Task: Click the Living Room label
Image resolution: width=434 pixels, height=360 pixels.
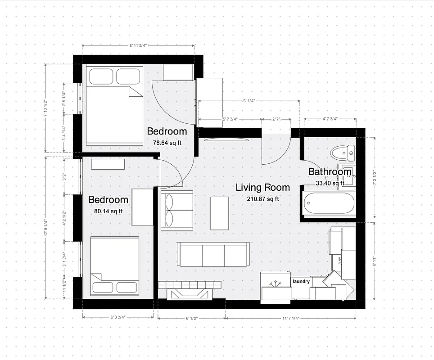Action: click(x=262, y=188)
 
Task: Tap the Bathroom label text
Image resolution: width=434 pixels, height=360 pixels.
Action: click(x=330, y=171)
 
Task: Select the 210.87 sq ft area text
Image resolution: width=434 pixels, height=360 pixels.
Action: click(x=263, y=199)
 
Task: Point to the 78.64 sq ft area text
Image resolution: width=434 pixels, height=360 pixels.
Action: click(x=167, y=143)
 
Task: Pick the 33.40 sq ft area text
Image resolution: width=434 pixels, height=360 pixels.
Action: click(x=330, y=183)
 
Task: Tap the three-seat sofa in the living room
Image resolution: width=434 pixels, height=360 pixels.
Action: click(x=213, y=255)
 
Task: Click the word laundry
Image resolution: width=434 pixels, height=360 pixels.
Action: click(x=301, y=281)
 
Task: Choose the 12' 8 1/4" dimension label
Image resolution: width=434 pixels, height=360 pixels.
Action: click(x=46, y=227)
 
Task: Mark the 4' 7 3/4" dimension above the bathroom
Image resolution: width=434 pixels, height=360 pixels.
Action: click(x=330, y=119)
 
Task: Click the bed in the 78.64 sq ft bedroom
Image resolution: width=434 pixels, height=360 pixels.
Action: click(x=113, y=105)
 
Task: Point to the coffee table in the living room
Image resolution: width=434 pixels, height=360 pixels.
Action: click(x=220, y=213)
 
